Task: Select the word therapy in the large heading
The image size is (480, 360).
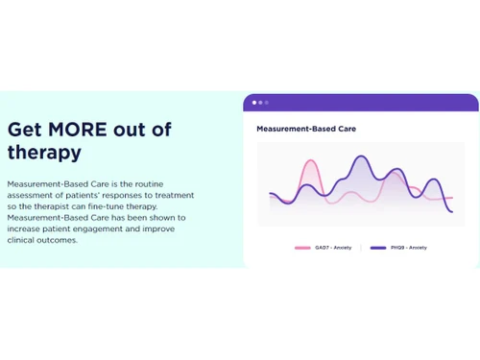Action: (44, 153)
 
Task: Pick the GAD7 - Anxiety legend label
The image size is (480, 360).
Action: (333, 248)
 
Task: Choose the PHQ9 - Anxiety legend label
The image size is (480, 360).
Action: (409, 248)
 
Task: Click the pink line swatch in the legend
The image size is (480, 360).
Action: (302, 248)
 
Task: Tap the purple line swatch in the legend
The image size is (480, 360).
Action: (378, 248)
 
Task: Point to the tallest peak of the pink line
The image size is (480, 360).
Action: (309, 161)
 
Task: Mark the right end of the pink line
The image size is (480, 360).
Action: (451, 198)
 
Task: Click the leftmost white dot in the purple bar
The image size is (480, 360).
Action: (254, 102)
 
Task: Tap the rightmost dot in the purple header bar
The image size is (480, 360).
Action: (267, 102)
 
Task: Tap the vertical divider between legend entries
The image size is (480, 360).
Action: (362, 248)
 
